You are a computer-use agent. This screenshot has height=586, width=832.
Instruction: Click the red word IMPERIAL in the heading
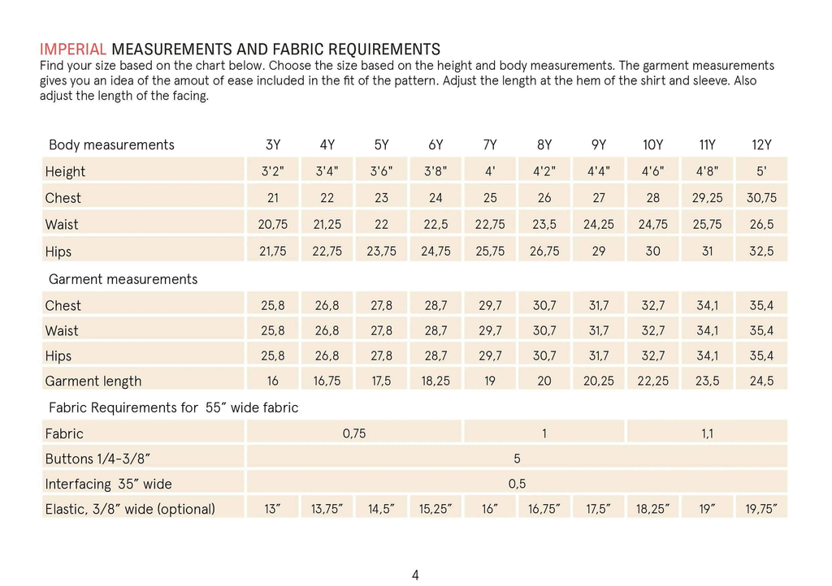[x=73, y=50]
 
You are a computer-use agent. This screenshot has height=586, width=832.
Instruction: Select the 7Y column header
[x=490, y=144]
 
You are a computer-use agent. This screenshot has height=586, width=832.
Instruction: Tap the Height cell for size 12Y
[x=761, y=171]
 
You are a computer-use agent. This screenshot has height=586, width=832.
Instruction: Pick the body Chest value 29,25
[x=708, y=197]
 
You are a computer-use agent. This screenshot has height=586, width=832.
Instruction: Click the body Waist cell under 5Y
[x=382, y=224]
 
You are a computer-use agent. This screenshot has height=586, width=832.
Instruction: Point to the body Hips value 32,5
[x=761, y=251]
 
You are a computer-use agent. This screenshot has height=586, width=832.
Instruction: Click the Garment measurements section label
[x=123, y=279]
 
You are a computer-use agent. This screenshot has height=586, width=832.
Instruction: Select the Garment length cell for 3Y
[x=273, y=381]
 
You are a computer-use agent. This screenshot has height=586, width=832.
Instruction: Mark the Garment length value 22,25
[x=652, y=381]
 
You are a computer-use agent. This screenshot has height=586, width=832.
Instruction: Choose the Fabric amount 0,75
[x=354, y=433]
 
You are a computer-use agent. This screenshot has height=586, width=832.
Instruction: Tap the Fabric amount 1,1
[x=708, y=433]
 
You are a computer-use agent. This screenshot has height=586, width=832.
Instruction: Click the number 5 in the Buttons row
[x=517, y=459]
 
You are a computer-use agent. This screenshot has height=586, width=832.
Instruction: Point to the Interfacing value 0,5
[x=517, y=484]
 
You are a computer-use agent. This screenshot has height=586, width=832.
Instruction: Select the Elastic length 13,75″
[x=327, y=509]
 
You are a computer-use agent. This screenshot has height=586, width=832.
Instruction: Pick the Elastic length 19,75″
[x=761, y=509]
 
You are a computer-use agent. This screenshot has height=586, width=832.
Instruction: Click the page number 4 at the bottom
[x=415, y=575]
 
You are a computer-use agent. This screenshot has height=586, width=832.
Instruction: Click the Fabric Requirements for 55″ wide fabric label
[x=174, y=407]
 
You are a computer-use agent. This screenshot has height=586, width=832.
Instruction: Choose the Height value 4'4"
[x=599, y=171]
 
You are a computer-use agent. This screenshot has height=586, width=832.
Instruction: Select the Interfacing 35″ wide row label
[x=108, y=484]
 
